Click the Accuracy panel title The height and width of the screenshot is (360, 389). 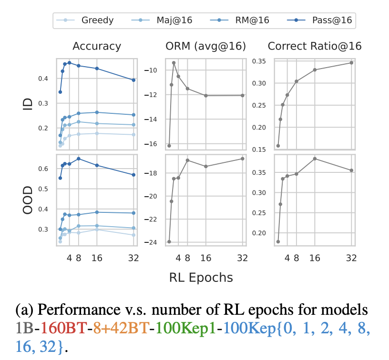pos(97,46)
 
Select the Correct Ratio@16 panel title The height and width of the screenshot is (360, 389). pos(315,46)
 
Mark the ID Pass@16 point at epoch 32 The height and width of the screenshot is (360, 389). pos(134,80)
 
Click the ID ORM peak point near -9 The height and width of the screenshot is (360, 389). pos(174,63)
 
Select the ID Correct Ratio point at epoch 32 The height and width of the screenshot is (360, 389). pos(351,63)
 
